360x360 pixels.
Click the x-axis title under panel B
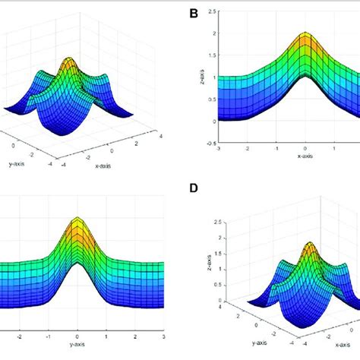[x=305, y=156]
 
